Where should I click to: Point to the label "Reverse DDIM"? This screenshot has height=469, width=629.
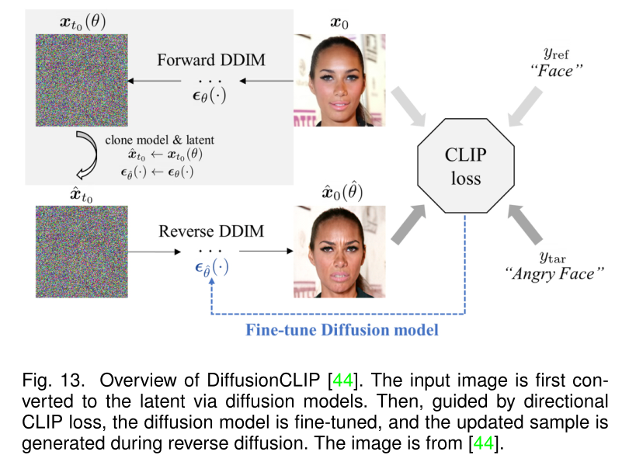pos(210,231)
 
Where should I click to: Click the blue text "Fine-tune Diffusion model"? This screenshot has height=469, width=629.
pos(342,329)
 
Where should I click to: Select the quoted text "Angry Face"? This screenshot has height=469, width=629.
pos(554,273)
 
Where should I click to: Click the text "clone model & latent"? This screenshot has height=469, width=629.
pos(159,140)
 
